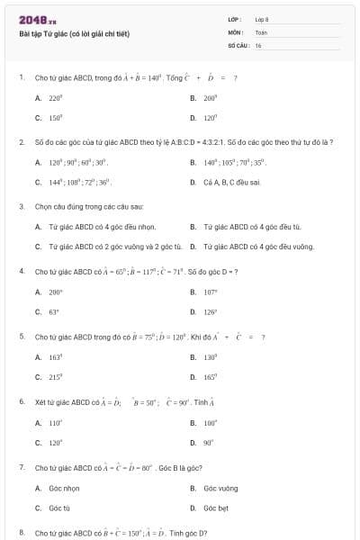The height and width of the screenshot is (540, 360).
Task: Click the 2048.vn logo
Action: tap(38, 20)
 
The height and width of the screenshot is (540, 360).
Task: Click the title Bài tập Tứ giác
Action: tap(75, 34)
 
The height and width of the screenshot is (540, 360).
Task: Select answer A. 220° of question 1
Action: tap(49, 97)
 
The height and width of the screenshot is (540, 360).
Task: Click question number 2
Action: tap(22, 142)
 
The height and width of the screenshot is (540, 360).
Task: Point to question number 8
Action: tap(22, 533)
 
